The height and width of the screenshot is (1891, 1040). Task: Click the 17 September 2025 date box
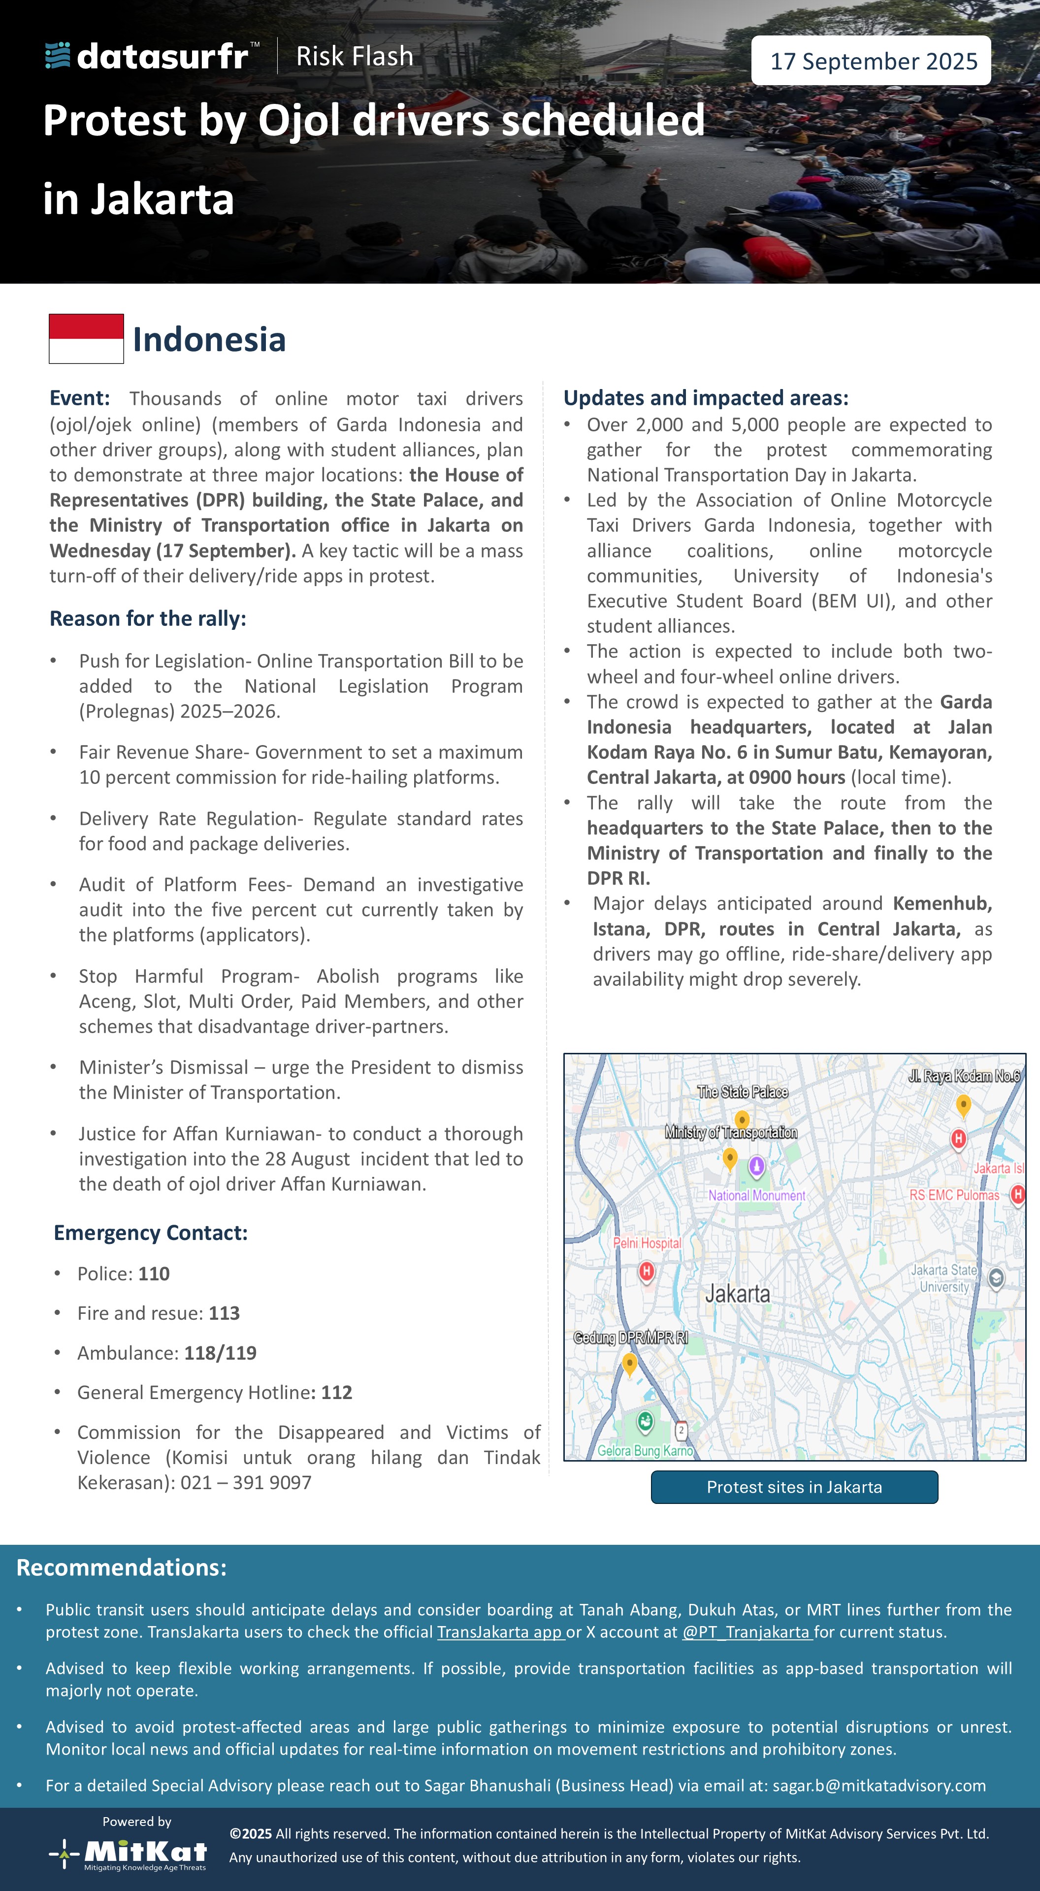click(x=871, y=61)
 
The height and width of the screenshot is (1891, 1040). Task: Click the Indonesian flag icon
click(x=86, y=338)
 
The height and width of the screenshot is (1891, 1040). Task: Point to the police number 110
click(x=154, y=1273)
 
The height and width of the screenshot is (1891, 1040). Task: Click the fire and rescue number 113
click(x=224, y=1313)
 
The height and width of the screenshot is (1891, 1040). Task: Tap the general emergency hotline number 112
click(x=336, y=1393)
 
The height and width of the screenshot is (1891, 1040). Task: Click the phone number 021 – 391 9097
click(x=246, y=1482)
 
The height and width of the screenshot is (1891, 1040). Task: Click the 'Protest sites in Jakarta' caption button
click(x=794, y=1487)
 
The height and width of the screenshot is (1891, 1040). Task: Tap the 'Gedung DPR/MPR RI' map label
click(x=630, y=1337)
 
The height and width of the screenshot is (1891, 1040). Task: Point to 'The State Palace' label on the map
click(x=742, y=1092)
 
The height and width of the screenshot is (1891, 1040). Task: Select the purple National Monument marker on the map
click(x=757, y=1165)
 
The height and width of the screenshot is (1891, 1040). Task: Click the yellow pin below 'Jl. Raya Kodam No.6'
click(x=964, y=1104)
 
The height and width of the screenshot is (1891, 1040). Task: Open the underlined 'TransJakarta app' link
click(x=500, y=1632)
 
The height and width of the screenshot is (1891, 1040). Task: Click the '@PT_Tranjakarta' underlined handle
click(x=747, y=1632)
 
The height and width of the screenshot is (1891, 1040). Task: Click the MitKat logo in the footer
click(x=129, y=1854)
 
